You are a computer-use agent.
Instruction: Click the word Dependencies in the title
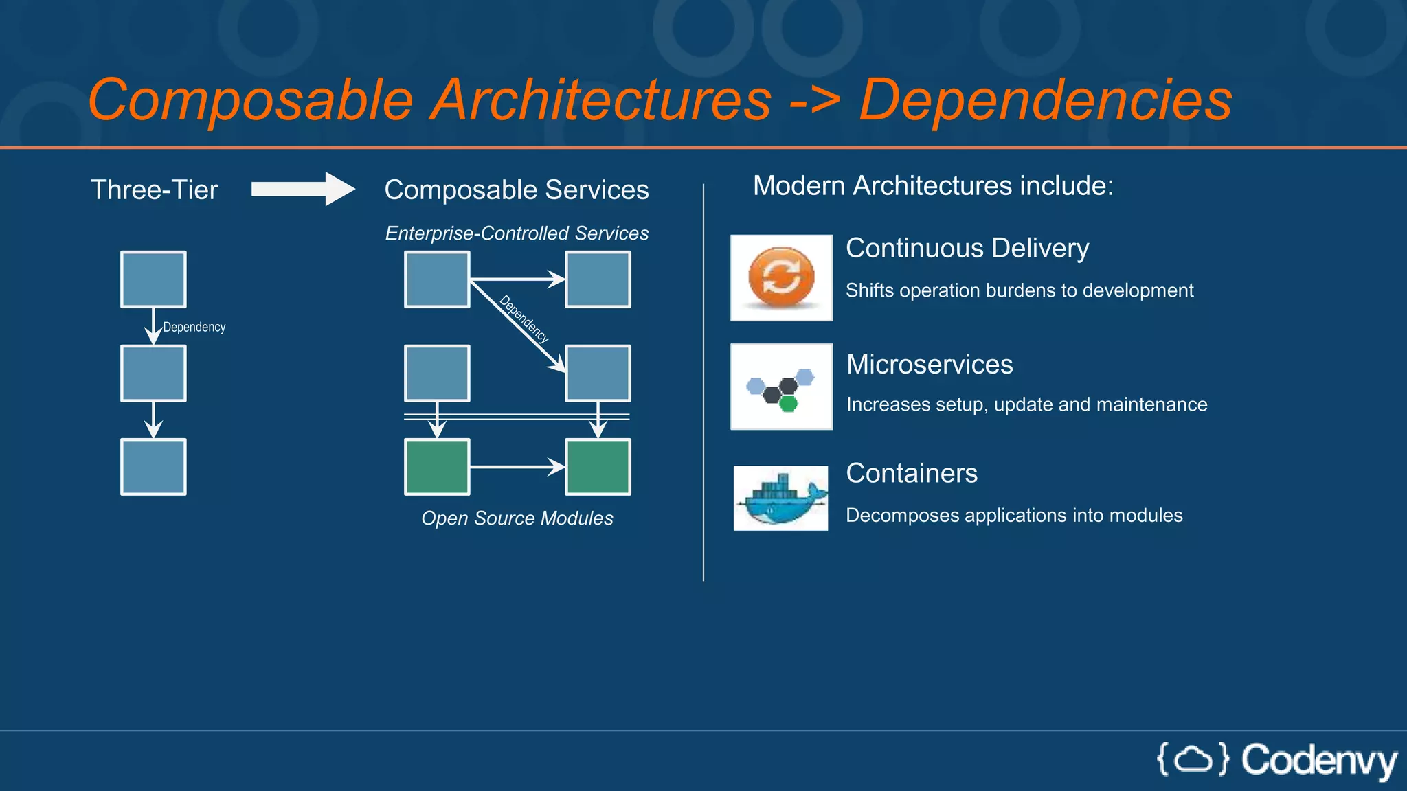click(x=1046, y=100)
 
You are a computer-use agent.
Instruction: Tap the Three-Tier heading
click(x=155, y=190)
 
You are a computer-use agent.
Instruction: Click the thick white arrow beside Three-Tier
click(x=303, y=189)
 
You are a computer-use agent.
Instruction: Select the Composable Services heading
click(x=516, y=190)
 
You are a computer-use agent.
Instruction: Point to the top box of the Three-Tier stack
click(x=153, y=279)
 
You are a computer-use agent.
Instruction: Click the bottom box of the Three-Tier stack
click(x=153, y=467)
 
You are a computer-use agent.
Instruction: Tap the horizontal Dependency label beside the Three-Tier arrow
click(x=194, y=327)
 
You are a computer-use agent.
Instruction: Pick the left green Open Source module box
click(x=437, y=467)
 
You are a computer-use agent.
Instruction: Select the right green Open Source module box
click(x=598, y=467)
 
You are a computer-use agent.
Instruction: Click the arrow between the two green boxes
click(x=517, y=467)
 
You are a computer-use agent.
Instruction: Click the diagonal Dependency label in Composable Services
click(x=524, y=319)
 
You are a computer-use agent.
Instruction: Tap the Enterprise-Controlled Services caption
click(x=517, y=233)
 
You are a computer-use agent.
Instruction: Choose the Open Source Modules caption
click(x=517, y=518)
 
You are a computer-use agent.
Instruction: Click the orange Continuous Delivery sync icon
click(x=781, y=277)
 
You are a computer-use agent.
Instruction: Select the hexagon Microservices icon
click(x=781, y=387)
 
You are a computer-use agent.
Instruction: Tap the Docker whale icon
click(x=781, y=498)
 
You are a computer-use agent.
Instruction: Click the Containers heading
click(x=911, y=473)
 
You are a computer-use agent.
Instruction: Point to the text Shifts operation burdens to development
click(x=1019, y=290)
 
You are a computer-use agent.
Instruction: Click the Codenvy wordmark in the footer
click(x=1319, y=761)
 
